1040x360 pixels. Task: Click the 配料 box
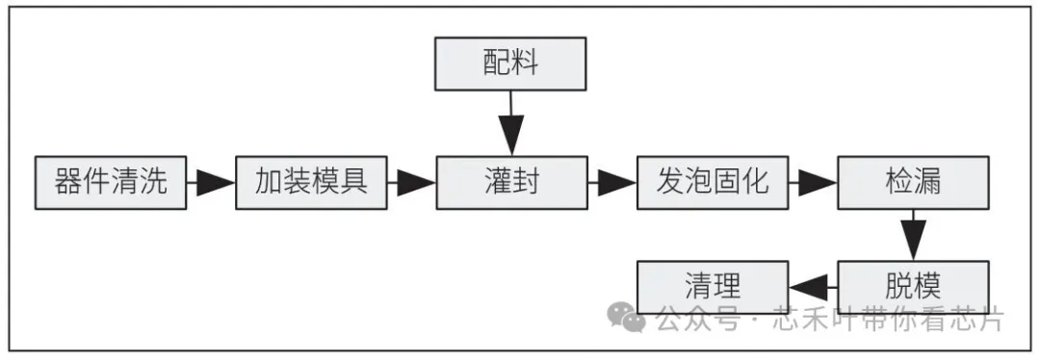pyautogui.click(x=510, y=64)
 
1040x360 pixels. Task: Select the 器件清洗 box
pyautogui.click(x=110, y=181)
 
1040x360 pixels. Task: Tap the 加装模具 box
pyautogui.click(x=310, y=181)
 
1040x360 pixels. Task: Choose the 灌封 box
pyautogui.click(x=510, y=181)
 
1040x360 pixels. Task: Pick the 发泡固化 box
pyautogui.click(x=712, y=181)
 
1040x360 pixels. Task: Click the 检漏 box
pyautogui.click(x=912, y=181)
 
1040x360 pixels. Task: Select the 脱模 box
pyautogui.click(x=912, y=286)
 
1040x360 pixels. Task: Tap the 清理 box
pyautogui.click(x=712, y=286)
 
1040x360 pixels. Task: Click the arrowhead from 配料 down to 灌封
pyautogui.click(x=510, y=134)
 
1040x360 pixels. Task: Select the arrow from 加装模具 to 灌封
pyautogui.click(x=411, y=182)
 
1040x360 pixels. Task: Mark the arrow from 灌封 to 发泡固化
pyautogui.click(x=611, y=182)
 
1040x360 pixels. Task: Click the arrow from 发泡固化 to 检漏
pyautogui.click(x=812, y=182)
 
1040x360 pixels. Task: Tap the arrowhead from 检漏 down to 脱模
pyautogui.click(x=912, y=239)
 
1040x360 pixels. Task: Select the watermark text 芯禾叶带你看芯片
pyautogui.click(x=887, y=320)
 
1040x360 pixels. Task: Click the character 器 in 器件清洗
pyautogui.click(x=68, y=181)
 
